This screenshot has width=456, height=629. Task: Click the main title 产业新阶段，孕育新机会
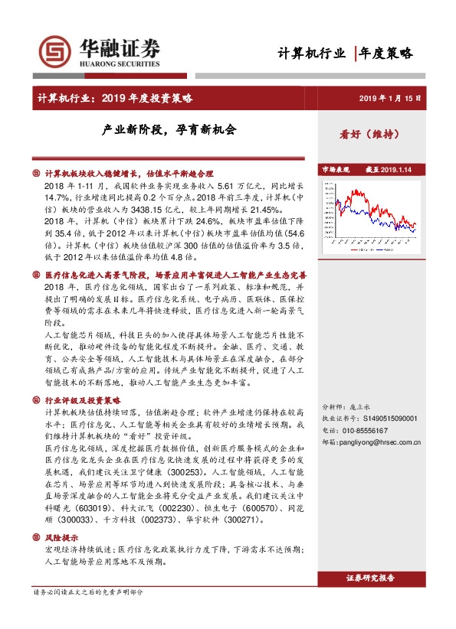(x=170, y=129)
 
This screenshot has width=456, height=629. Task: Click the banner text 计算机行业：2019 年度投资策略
(x=115, y=98)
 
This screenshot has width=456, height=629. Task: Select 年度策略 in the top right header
(x=387, y=53)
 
